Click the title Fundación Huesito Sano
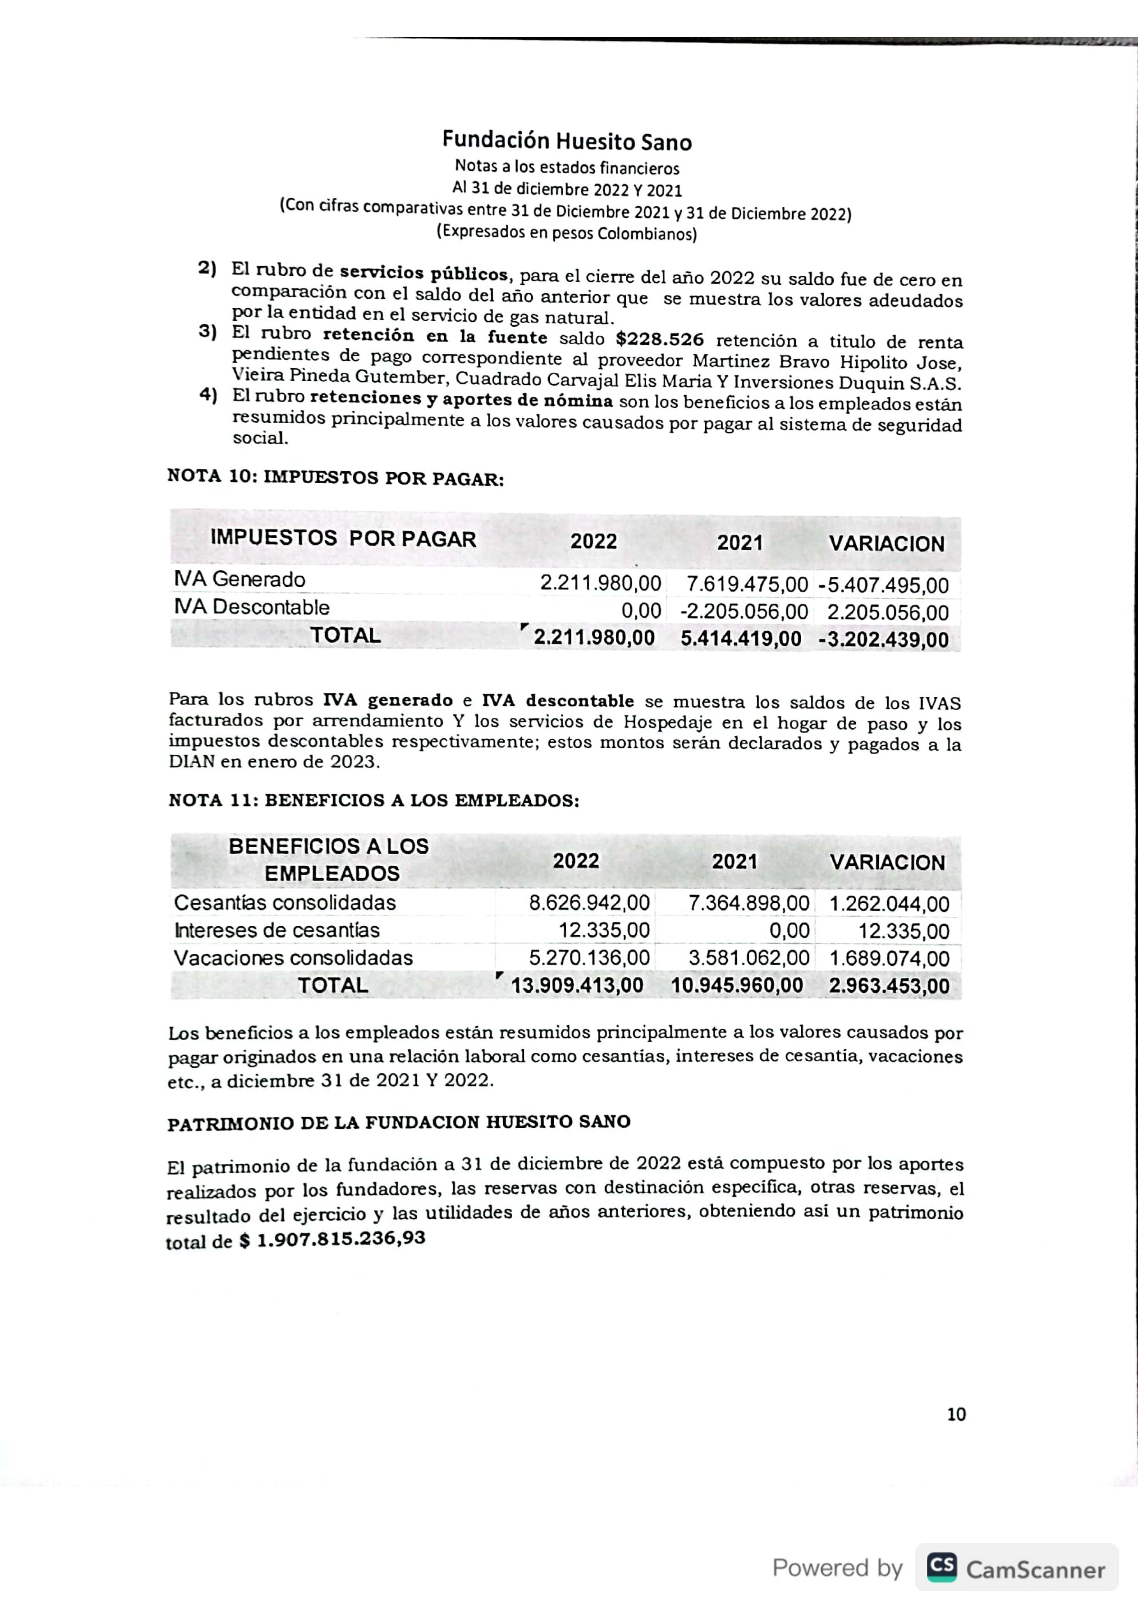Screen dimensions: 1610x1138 (567, 142)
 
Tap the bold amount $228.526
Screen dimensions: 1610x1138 (659, 340)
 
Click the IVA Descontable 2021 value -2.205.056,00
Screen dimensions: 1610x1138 (744, 612)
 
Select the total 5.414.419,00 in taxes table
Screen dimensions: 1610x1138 (741, 638)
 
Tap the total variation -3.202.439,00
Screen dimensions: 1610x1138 (883, 640)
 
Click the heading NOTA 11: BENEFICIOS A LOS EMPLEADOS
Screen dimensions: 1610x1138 (374, 801)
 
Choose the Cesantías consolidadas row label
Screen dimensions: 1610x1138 (284, 902)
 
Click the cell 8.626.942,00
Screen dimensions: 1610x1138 (589, 902)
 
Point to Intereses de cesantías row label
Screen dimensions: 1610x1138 (277, 930)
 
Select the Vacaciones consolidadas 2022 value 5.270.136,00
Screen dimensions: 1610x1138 (589, 958)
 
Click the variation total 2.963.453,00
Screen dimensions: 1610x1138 (888, 986)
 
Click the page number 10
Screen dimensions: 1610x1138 (956, 1415)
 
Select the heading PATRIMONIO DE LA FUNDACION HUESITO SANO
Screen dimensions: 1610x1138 (398, 1123)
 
